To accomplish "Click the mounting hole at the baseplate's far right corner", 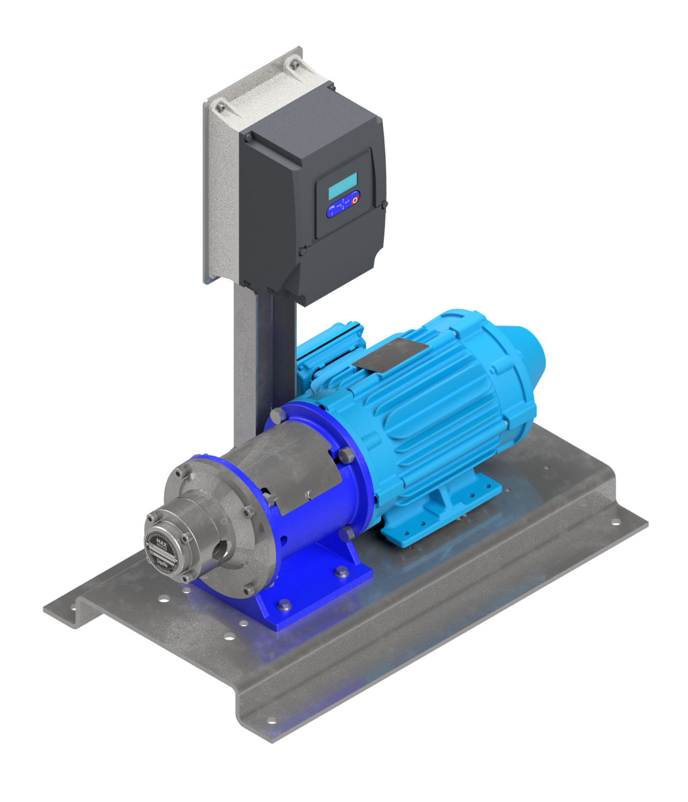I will pos(615,521).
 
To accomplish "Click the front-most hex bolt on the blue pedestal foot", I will pos(284,605).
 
